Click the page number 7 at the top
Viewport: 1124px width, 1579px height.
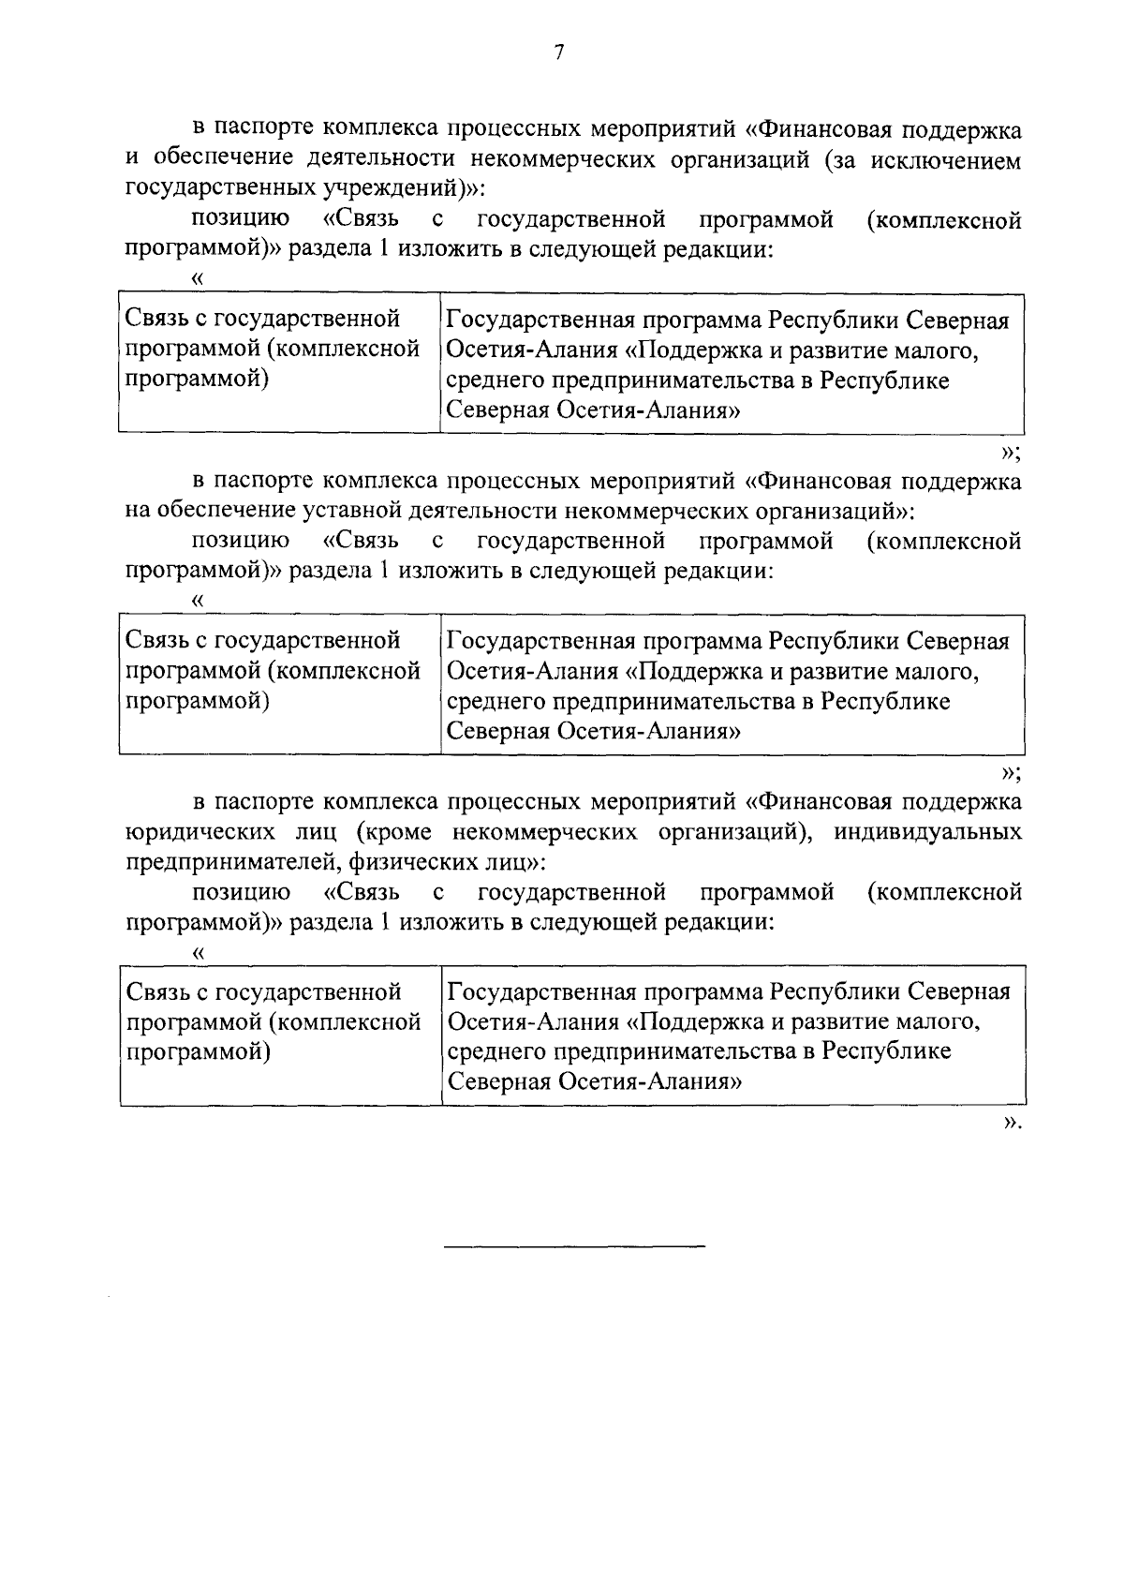(x=559, y=53)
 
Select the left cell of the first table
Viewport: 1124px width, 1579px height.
(x=279, y=364)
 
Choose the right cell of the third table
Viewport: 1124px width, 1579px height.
(x=733, y=1035)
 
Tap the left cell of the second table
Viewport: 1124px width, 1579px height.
(x=279, y=685)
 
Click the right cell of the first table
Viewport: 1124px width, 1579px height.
(x=732, y=364)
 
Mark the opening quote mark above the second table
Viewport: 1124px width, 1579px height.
(x=197, y=600)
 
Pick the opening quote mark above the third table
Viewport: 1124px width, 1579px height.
(x=197, y=951)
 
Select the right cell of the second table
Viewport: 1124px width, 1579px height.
(x=732, y=685)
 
